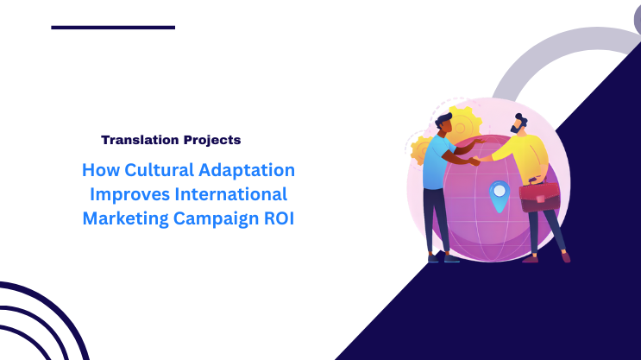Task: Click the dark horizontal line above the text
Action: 113,28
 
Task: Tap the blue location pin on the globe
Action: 497,193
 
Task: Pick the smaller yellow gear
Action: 423,149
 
